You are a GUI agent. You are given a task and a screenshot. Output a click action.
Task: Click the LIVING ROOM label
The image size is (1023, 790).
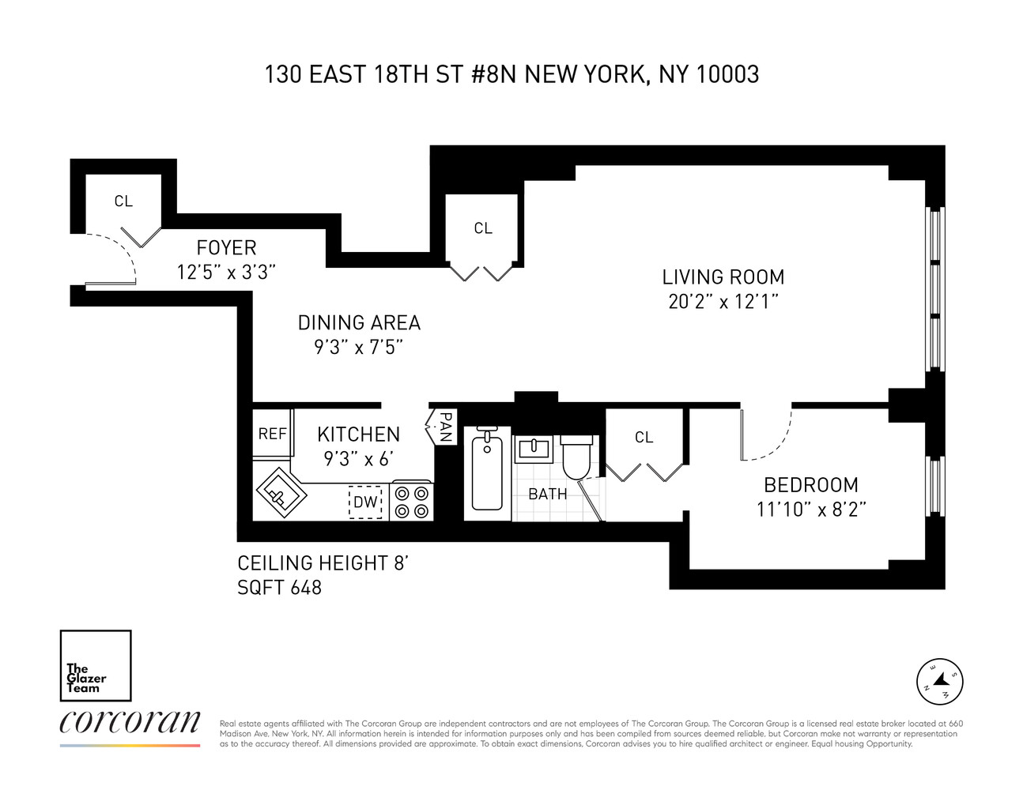723,277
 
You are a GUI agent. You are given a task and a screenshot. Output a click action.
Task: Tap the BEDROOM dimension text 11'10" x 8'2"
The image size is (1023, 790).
811,510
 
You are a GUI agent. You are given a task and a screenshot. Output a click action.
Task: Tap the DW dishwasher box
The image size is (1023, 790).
365,502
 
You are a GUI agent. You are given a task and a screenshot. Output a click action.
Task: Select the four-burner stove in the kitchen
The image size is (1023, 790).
412,501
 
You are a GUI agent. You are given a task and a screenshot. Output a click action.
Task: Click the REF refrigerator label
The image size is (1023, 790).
273,434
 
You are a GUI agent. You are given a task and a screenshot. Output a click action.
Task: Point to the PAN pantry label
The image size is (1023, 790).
444,427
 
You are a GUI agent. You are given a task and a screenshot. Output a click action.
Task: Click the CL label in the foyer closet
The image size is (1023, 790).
123,201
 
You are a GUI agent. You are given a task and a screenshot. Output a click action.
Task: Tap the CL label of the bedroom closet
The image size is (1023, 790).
644,438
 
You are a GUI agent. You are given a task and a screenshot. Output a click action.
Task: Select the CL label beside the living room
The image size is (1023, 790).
483,228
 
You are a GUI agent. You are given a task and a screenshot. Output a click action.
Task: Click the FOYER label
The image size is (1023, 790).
226,247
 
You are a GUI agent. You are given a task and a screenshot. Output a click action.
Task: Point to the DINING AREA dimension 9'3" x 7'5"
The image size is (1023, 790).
359,347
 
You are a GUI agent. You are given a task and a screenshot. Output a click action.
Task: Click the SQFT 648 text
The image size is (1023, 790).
280,588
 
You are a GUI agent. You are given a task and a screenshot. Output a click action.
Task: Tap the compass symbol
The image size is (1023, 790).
939,681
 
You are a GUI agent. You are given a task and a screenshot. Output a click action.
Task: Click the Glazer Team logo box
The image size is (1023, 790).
96,665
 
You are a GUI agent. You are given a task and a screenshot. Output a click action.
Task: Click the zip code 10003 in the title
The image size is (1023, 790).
727,74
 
